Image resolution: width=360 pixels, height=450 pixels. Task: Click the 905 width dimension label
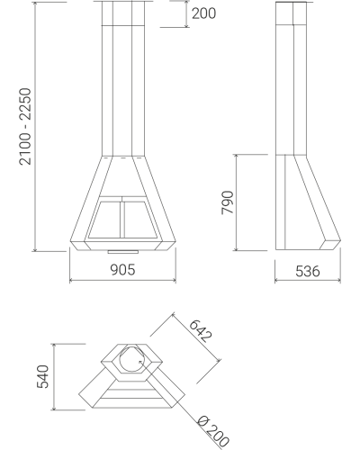coord(123,270)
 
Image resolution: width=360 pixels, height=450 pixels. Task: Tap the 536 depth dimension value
coord(308,271)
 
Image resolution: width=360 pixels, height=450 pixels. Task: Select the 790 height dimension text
coord(228,202)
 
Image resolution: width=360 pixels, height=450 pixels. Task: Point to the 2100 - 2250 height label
coord(25,126)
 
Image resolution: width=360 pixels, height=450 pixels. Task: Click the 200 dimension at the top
coord(203,13)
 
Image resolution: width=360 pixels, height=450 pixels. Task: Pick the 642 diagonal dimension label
coord(201,331)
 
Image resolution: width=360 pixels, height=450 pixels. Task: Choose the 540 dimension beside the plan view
coord(42,376)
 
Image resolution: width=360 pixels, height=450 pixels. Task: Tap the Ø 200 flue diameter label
coord(213,431)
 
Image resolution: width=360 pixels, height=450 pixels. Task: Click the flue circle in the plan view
coord(120,358)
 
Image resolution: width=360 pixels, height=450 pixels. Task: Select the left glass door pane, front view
coord(105,220)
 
